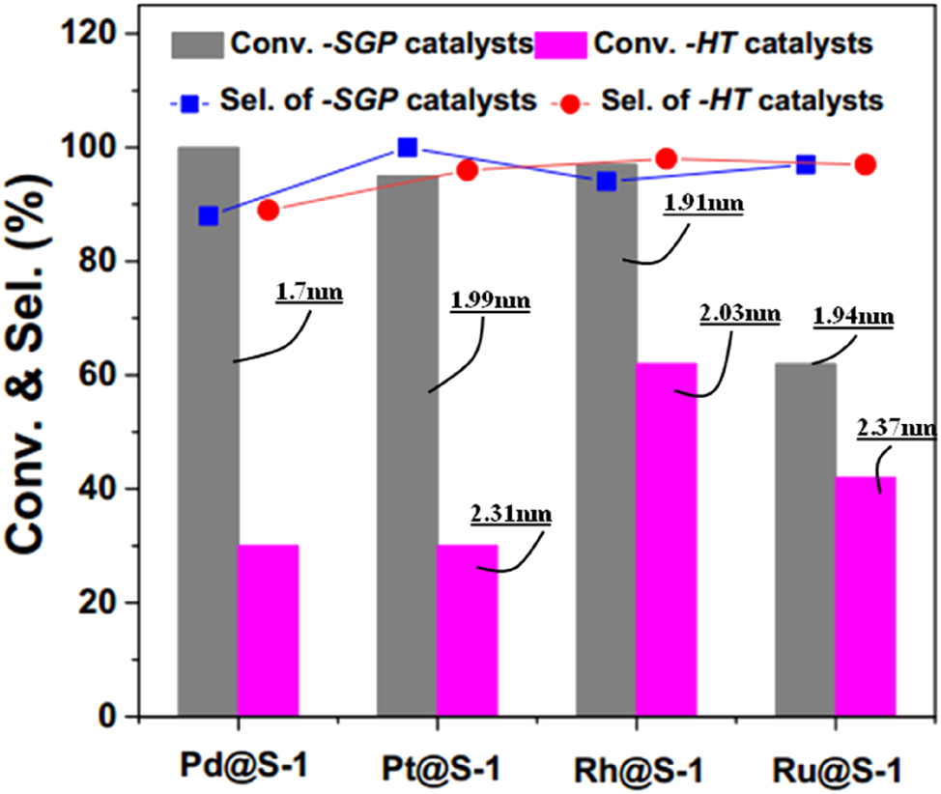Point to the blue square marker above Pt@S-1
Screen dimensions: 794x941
[408, 148]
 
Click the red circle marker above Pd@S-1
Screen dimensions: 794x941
[269, 210]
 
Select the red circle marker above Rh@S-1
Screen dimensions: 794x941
[666, 158]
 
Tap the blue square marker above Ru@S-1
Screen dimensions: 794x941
[806, 165]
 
